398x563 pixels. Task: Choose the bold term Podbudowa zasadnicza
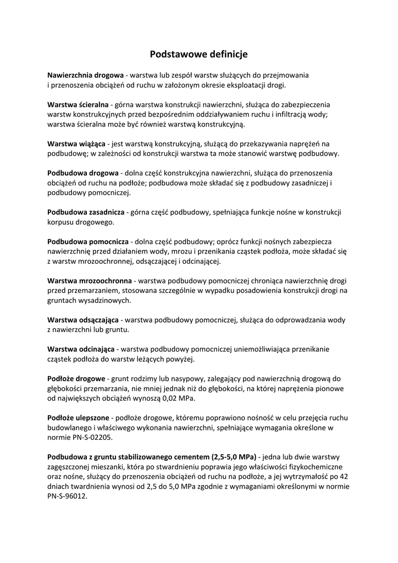[x=86, y=212]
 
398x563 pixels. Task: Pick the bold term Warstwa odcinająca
[x=81, y=349]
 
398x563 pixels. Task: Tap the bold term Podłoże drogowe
[x=76, y=379]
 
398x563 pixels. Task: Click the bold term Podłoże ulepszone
[x=78, y=418]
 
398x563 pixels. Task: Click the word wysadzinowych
[x=104, y=300]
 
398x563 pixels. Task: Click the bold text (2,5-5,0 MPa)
[x=234, y=457]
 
